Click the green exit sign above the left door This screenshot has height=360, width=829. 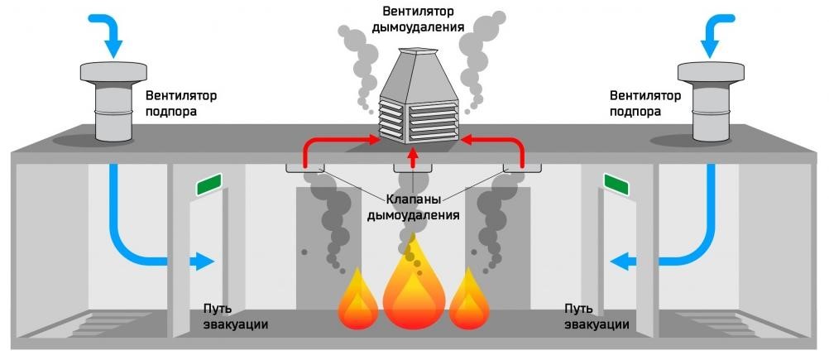pyautogui.click(x=208, y=185)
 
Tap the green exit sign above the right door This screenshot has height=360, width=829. pyautogui.click(x=616, y=184)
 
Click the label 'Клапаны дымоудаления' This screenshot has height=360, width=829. pyautogui.click(x=412, y=207)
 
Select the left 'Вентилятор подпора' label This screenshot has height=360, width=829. pyautogui.click(x=171, y=103)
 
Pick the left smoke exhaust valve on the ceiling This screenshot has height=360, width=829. pyautogui.click(x=305, y=168)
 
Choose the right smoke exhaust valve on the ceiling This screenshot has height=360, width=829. pyautogui.click(x=522, y=168)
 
